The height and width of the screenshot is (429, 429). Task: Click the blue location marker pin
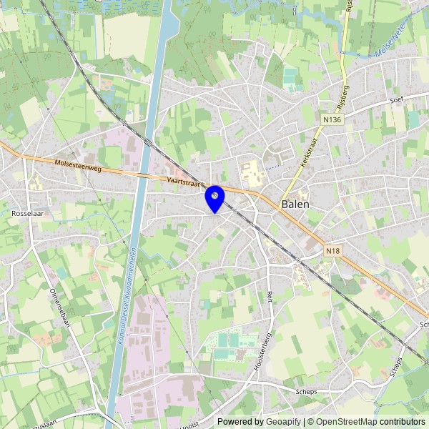(x=214, y=197)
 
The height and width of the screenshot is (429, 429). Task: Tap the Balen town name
(x=296, y=204)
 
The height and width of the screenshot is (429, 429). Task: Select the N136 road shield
(x=332, y=120)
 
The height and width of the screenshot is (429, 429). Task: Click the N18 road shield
(x=332, y=251)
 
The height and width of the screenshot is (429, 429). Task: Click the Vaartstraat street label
(x=184, y=182)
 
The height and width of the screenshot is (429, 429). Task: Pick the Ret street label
(x=270, y=295)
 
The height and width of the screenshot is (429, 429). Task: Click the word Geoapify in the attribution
(x=284, y=422)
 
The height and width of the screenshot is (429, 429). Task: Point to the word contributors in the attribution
(x=403, y=422)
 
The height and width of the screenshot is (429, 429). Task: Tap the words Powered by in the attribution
(x=240, y=422)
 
